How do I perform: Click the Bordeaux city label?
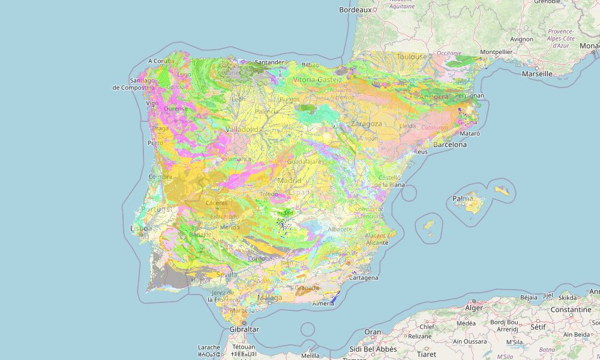click(x=355, y=10)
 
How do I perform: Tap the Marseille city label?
click(x=536, y=74)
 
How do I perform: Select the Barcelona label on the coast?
click(x=450, y=145)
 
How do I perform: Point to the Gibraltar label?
click(x=244, y=329)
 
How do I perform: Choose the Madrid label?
click(x=289, y=180)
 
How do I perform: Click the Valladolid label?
click(x=242, y=129)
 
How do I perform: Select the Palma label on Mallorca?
click(x=463, y=199)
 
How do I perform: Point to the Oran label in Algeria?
click(x=373, y=332)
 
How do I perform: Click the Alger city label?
click(x=474, y=308)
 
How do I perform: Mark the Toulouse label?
click(x=412, y=57)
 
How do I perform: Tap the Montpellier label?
click(x=496, y=52)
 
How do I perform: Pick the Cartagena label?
click(x=363, y=278)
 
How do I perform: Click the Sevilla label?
click(x=227, y=274)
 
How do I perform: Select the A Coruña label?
click(x=161, y=61)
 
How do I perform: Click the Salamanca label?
click(x=236, y=159)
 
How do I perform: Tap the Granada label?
click(x=307, y=288)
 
